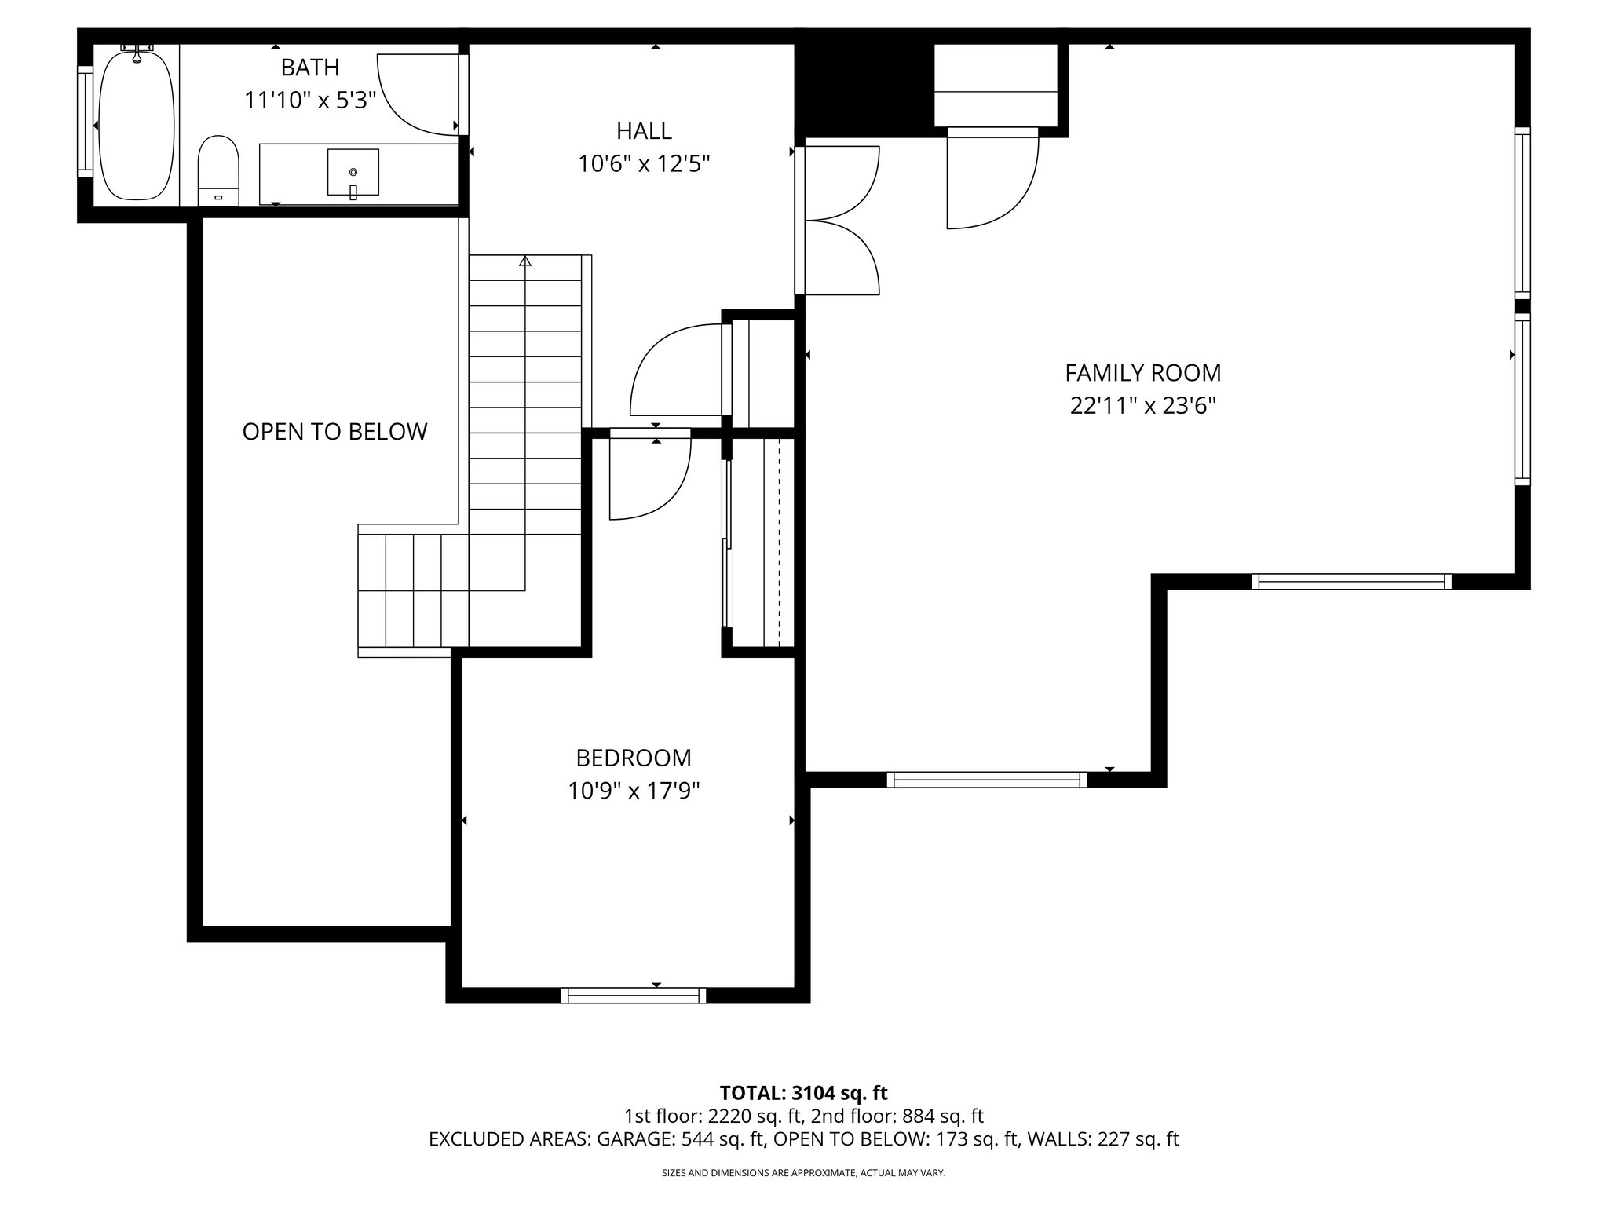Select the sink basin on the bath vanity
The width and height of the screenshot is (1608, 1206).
(x=353, y=172)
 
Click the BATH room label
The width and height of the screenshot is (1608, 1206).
(x=310, y=68)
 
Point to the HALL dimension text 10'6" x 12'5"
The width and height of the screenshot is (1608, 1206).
(x=644, y=164)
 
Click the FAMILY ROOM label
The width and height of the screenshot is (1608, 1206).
(x=1142, y=372)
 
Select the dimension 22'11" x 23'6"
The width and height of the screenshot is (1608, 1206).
(x=1142, y=406)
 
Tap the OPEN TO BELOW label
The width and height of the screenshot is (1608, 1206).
(x=334, y=432)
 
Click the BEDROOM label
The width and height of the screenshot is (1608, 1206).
(x=634, y=758)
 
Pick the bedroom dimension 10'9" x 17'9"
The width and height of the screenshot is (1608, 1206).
(x=634, y=791)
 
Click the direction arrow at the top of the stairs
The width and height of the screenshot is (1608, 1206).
(x=525, y=261)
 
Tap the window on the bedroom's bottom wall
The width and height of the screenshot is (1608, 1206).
(x=634, y=995)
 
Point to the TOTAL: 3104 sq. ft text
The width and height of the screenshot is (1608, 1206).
(x=803, y=1093)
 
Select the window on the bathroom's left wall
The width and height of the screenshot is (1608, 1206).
(x=85, y=122)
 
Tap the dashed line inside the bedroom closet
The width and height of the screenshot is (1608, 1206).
(x=779, y=542)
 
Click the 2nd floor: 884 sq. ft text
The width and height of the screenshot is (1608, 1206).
(x=897, y=1116)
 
